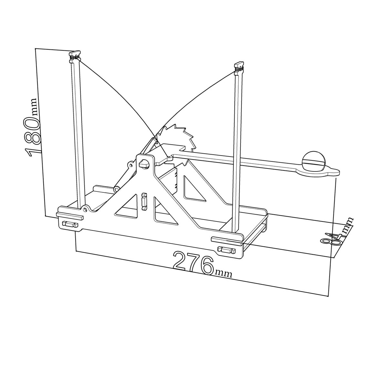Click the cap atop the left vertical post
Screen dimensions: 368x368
click(x=75, y=53)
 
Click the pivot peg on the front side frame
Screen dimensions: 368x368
click(x=144, y=164)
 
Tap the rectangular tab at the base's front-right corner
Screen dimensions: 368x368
click(x=226, y=250)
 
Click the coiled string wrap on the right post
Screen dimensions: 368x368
click(x=238, y=69)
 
